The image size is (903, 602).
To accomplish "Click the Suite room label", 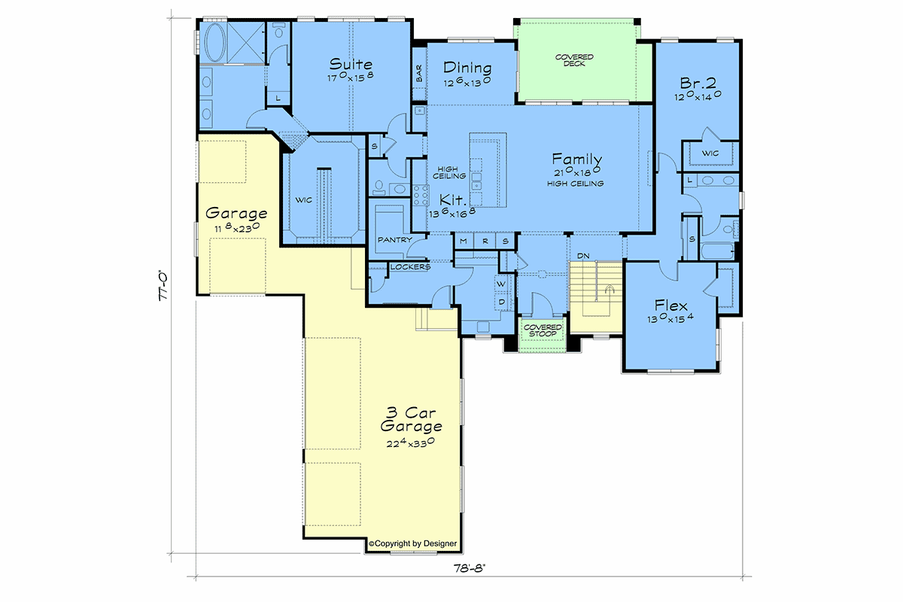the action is (351, 64).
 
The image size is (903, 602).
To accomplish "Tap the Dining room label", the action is (467, 67).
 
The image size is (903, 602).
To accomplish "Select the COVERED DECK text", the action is (574, 60).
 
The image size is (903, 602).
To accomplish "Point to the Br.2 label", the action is (698, 83).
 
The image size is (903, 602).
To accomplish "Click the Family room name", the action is (577, 159).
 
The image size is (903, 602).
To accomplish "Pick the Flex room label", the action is (670, 305).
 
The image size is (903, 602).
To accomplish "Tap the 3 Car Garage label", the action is (411, 419).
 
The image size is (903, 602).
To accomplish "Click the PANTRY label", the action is (394, 239).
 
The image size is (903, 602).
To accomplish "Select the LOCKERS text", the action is (410, 267).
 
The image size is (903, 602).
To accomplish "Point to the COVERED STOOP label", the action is (543, 330).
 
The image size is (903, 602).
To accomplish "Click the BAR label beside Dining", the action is (419, 74).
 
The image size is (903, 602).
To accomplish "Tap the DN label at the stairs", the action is (583, 256).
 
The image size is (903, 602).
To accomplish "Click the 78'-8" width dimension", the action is (470, 568).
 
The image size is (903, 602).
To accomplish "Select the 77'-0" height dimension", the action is (163, 285).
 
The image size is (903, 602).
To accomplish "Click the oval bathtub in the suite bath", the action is (216, 43).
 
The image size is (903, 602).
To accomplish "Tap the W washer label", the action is (501, 284).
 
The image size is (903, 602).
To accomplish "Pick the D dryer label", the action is (502, 302).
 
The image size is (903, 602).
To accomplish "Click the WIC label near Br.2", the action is (710, 154).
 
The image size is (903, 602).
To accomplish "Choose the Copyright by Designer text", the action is (413, 543).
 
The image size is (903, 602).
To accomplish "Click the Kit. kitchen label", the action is (453, 199).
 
